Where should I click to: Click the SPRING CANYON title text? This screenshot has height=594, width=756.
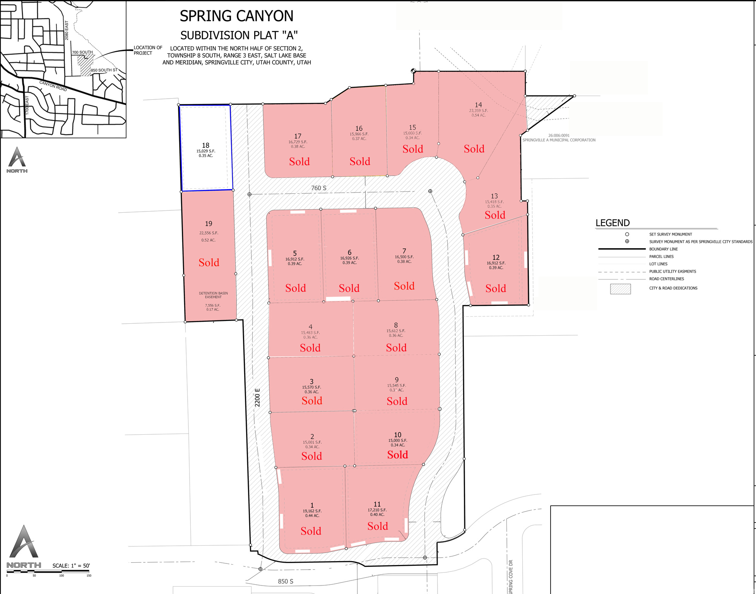[x=236, y=16]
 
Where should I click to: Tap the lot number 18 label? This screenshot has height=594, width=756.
[x=205, y=145]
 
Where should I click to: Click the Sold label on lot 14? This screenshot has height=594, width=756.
[x=474, y=149]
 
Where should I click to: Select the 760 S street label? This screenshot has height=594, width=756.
[x=319, y=188]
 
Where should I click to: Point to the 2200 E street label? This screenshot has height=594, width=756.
[x=258, y=397]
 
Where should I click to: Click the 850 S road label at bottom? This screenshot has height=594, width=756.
[x=286, y=581]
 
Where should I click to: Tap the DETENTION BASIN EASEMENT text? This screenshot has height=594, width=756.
[x=213, y=295]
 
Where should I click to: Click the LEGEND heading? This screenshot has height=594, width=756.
[x=612, y=223]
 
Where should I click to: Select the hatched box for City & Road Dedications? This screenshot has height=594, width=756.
[x=620, y=289]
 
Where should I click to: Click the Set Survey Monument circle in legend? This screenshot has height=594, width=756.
[x=627, y=234]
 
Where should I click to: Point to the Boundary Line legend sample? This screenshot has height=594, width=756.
[x=622, y=249]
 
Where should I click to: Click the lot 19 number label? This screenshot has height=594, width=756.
[x=209, y=224]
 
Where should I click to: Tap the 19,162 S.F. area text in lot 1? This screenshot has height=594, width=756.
[x=312, y=511]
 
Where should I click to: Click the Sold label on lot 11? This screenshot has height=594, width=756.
[x=378, y=526]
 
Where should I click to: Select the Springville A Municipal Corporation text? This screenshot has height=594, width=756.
[x=559, y=140]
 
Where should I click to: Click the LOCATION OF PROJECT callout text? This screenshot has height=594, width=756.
[x=147, y=50]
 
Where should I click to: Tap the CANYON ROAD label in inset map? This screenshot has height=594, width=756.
[x=53, y=86]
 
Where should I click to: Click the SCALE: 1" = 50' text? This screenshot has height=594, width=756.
[x=71, y=565]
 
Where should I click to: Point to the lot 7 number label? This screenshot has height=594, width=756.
[x=404, y=251]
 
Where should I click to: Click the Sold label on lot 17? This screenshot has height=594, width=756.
[x=299, y=162]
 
